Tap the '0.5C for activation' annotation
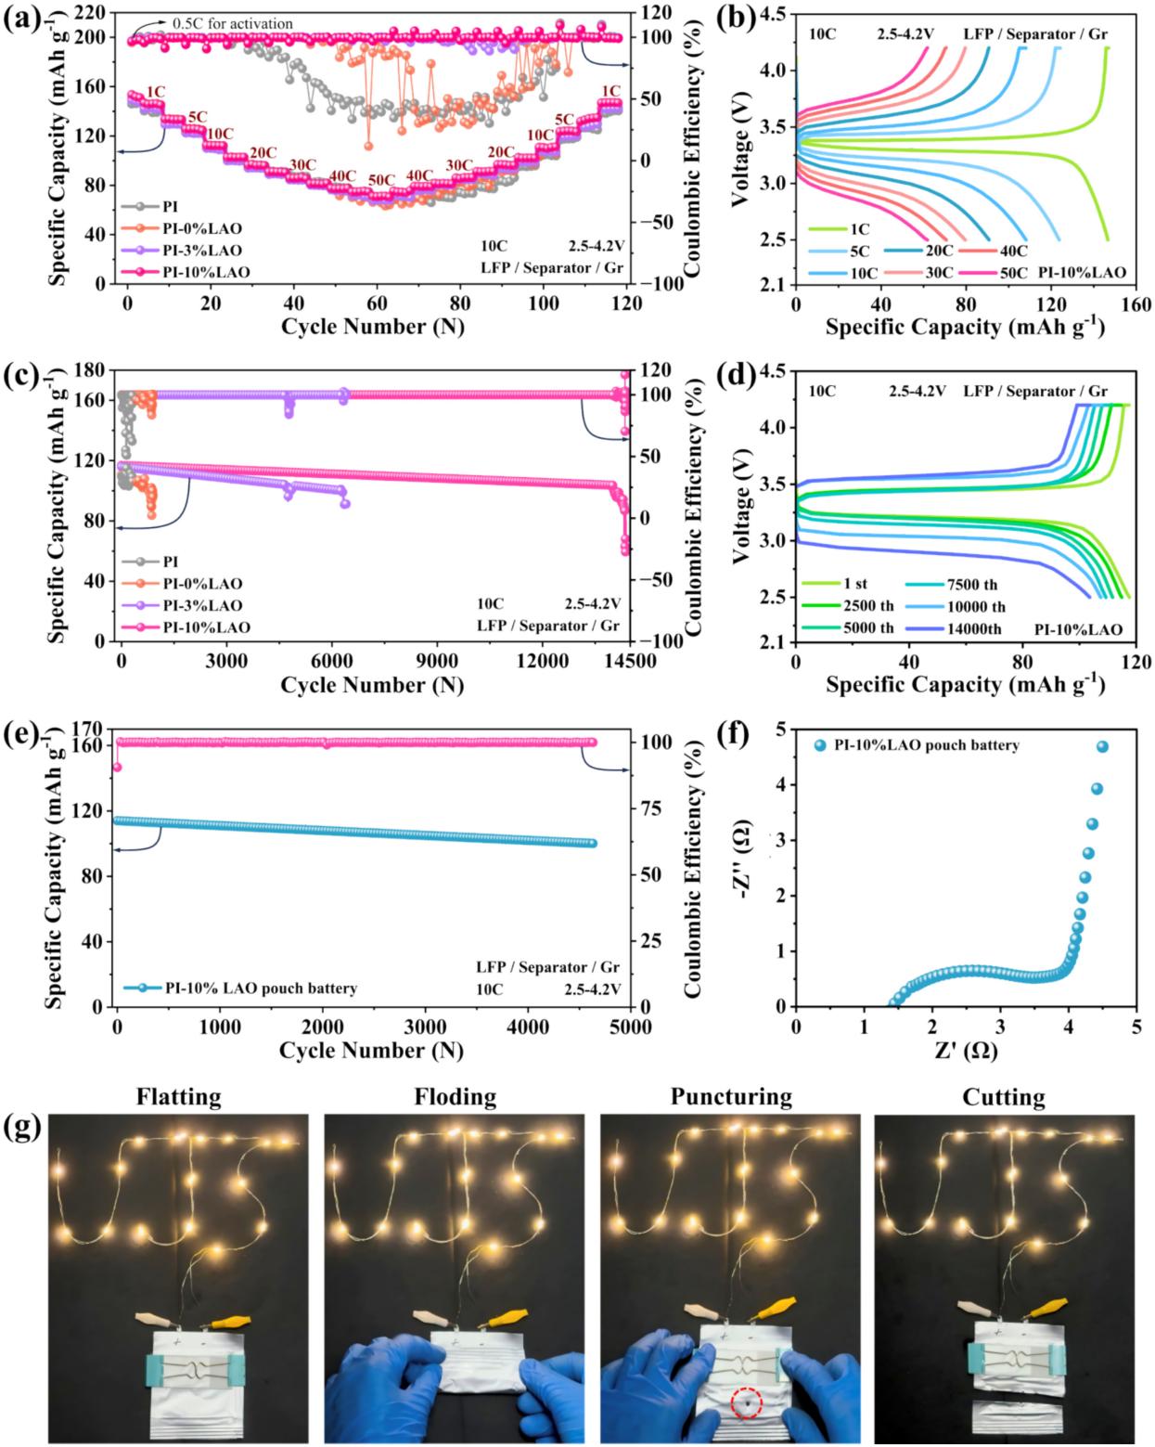[x=232, y=23]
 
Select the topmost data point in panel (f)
[x=1102, y=746]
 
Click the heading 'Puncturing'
[x=731, y=1097]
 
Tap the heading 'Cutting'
[x=1004, y=1097]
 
